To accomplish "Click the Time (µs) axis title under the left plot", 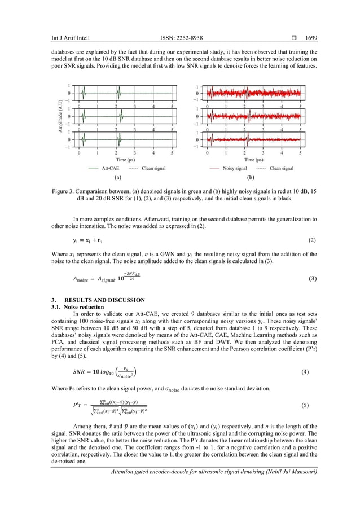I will (125, 160).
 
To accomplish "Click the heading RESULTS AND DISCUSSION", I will (104, 300).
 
